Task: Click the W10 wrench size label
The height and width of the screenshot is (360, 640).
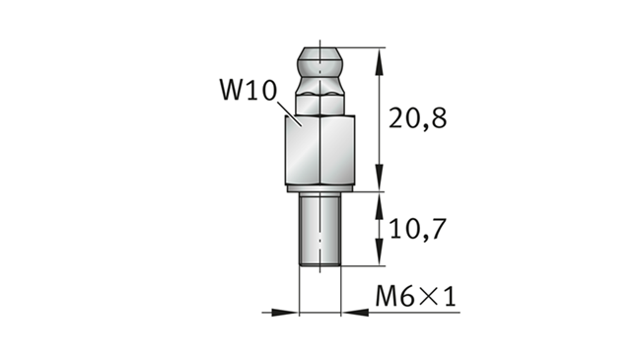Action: (x=249, y=90)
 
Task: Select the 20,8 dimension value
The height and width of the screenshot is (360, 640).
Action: (x=417, y=118)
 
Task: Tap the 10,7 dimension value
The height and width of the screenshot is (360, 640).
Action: (x=417, y=229)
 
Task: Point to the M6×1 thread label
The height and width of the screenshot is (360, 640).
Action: (x=415, y=296)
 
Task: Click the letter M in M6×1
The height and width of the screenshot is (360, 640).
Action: (x=387, y=296)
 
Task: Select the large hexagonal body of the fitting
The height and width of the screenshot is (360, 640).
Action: (x=320, y=150)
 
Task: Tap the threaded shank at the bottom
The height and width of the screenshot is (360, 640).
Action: (x=320, y=230)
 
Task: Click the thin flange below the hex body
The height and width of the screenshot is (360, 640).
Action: (x=320, y=188)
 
